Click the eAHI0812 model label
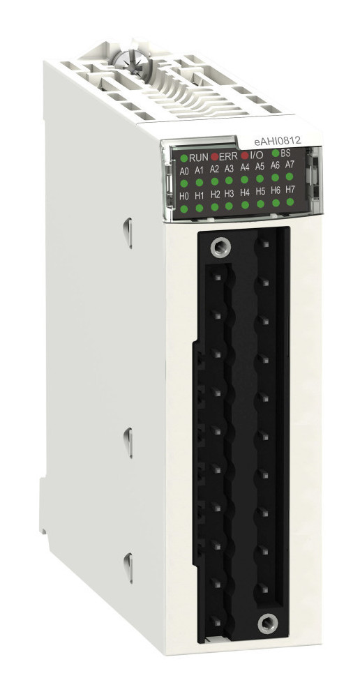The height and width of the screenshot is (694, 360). point(278,141)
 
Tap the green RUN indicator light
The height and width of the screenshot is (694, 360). point(184,158)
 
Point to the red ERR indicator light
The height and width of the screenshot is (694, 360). point(214,156)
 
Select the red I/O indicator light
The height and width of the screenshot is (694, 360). point(245,156)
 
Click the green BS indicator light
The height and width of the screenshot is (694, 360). point(276,153)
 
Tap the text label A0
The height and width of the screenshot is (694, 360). point(184,171)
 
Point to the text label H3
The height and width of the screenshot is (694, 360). point(229,193)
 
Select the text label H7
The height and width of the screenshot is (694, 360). point(290,190)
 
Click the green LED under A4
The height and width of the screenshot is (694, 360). point(244,179)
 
